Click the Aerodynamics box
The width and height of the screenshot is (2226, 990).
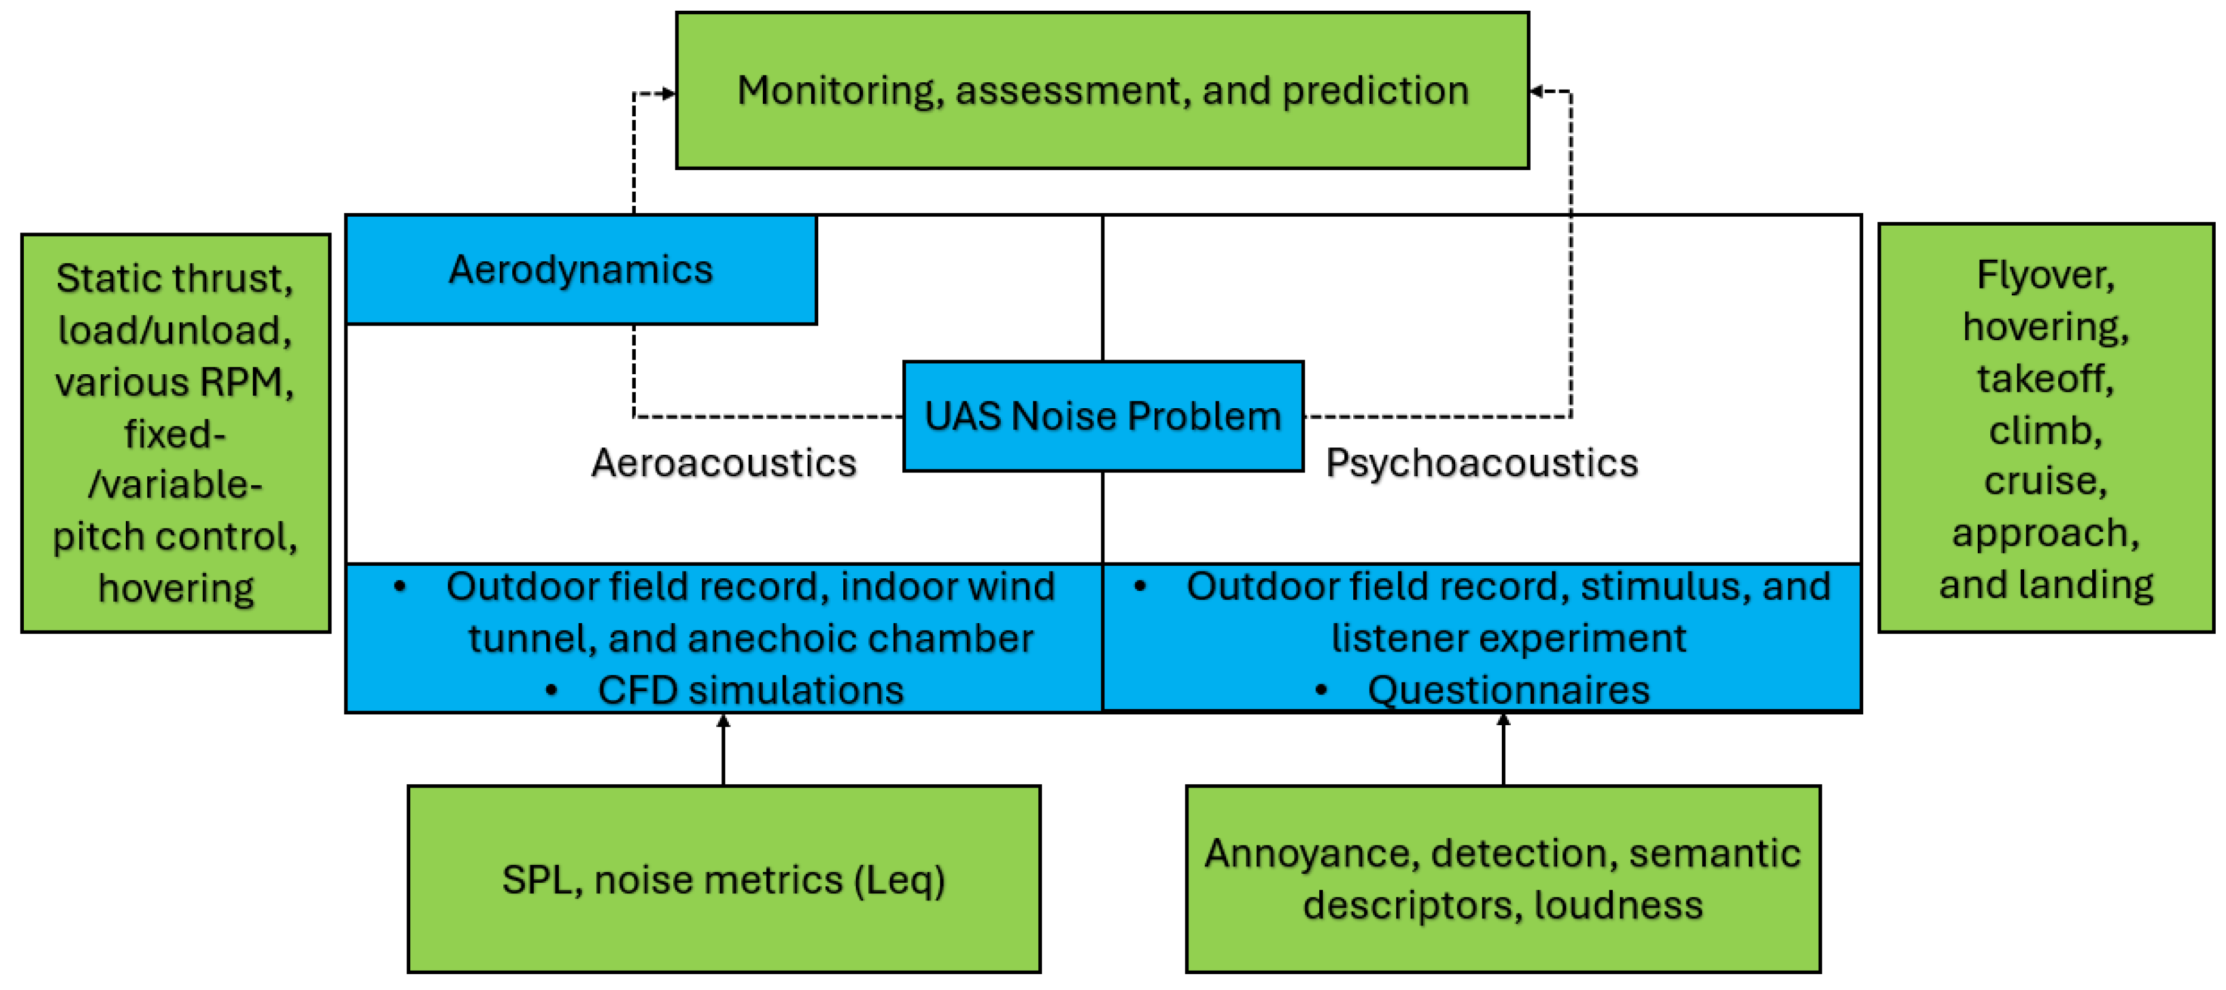click(x=581, y=270)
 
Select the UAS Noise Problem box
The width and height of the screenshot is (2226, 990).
click(x=1103, y=416)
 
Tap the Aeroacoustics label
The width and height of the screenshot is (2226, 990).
click(x=723, y=463)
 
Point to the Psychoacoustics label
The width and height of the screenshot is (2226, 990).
click(x=1481, y=463)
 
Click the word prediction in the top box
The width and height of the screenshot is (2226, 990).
click(x=1375, y=91)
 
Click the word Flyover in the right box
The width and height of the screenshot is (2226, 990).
click(x=2045, y=275)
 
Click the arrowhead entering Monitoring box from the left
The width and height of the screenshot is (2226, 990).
click(x=668, y=92)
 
